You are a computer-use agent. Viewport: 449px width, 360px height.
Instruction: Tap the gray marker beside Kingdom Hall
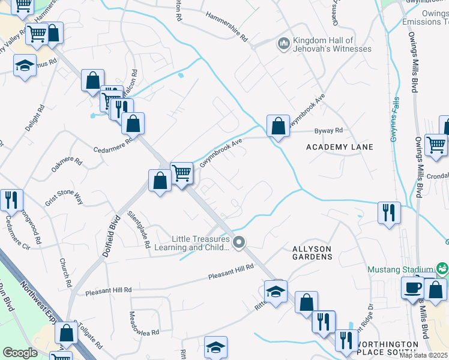[x=283, y=43]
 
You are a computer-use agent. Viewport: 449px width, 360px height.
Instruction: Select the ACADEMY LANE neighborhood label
[x=339, y=147]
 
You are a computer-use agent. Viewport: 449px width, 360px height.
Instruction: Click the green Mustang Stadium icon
[x=442, y=268]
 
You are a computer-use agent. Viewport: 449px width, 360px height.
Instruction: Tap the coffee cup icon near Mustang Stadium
[x=412, y=287]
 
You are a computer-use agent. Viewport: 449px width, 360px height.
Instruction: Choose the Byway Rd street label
[x=329, y=130]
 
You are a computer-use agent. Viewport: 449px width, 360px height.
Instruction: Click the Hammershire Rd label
[x=227, y=26]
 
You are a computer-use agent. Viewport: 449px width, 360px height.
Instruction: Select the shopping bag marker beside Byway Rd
[x=277, y=126]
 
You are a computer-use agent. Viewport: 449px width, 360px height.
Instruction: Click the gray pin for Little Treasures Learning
[x=239, y=242]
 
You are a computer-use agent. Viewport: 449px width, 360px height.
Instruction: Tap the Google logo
[x=20, y=352]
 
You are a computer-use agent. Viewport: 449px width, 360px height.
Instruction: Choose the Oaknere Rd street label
[x=67, y=163]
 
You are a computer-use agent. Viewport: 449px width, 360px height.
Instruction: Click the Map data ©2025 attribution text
[x=423, y=355]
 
